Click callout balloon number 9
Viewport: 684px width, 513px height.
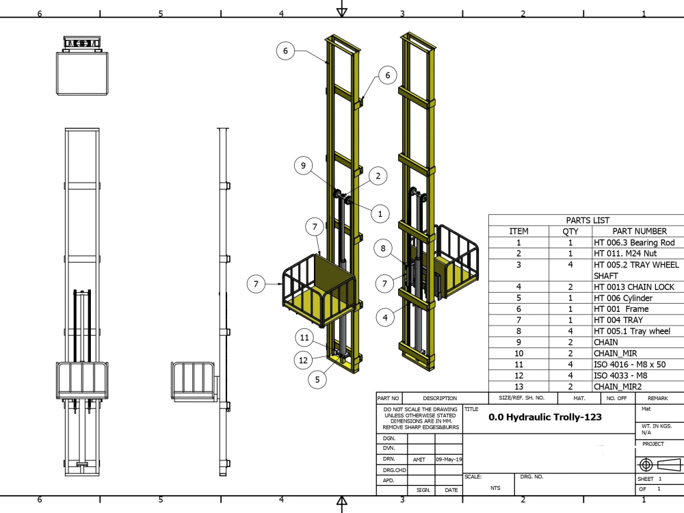tap(303, 165)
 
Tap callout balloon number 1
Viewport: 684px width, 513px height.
tap(380, 213)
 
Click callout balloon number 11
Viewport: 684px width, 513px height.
tap(305, 337)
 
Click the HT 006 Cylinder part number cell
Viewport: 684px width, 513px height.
tap(622, 298)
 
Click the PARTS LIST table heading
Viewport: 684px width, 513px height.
tap(588, 220)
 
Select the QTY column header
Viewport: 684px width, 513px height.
tap(570, 231)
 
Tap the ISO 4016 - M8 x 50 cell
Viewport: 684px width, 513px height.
tap(629, 365)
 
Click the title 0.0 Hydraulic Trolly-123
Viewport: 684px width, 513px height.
tap(545, 417)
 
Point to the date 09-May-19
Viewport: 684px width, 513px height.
tap(448, 460)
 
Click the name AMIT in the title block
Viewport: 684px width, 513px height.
tap(419, 460)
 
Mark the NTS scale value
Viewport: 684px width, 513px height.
tap(495, 488)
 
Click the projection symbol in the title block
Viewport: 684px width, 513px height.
tap(659, 464)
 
